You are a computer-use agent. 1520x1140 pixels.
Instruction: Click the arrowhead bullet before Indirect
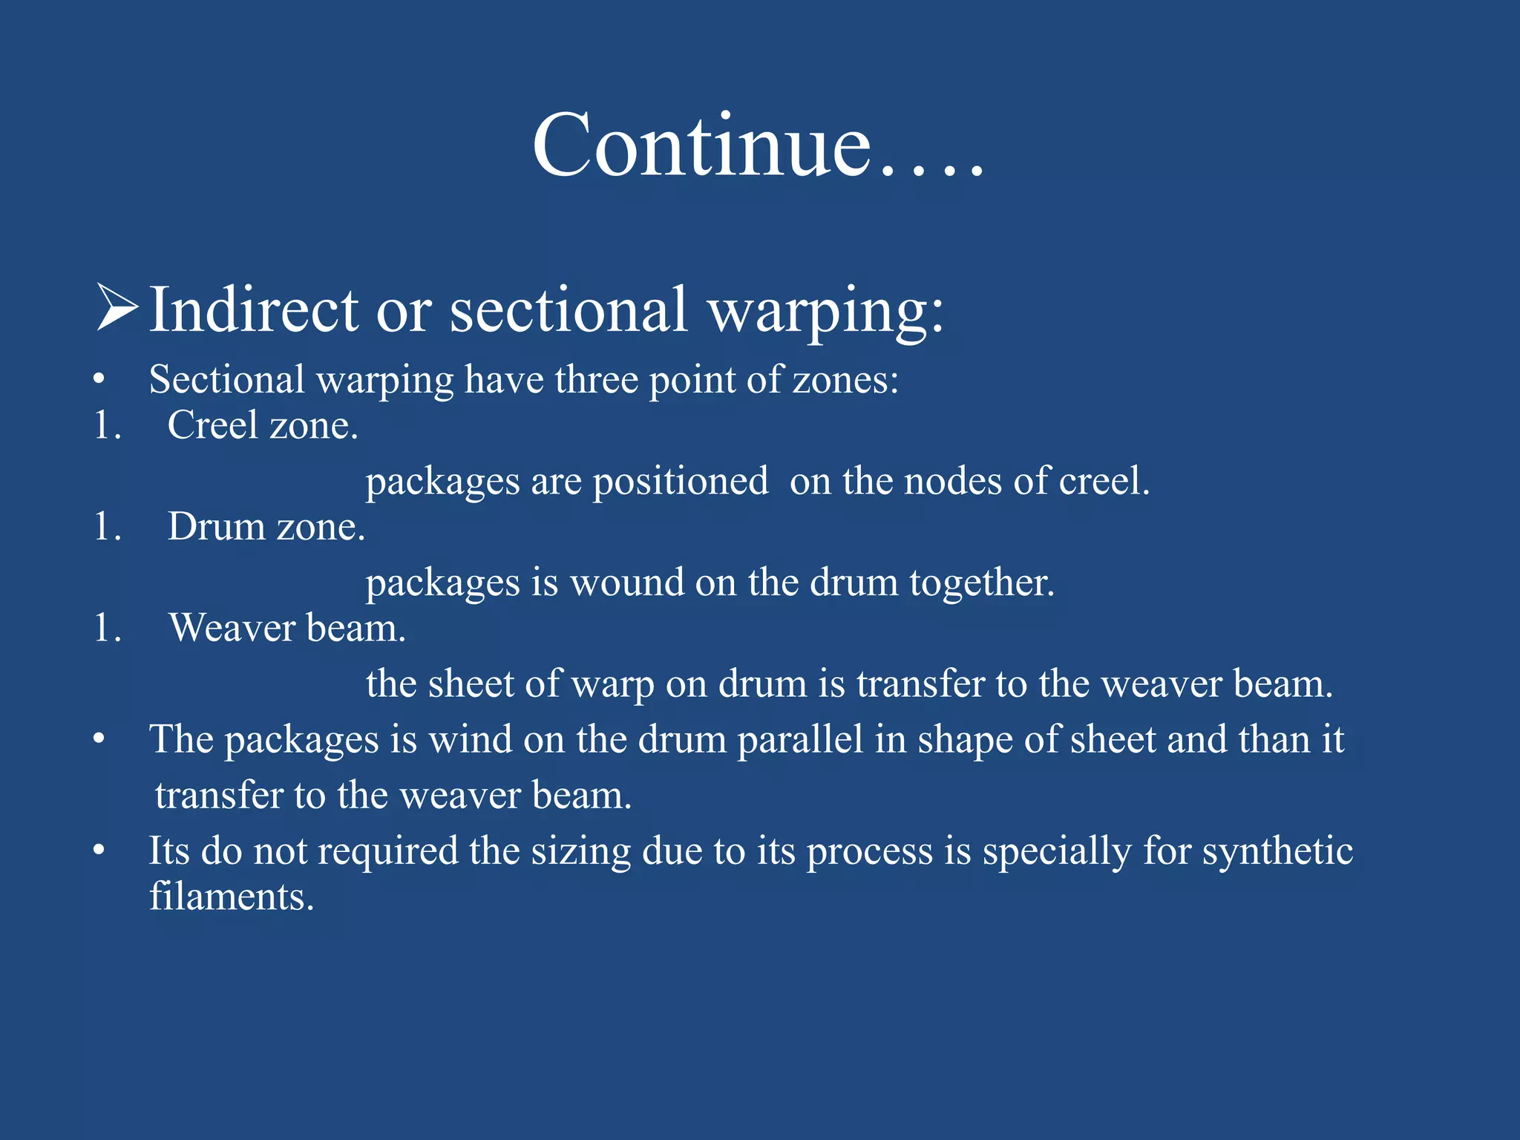[x=117, y=308]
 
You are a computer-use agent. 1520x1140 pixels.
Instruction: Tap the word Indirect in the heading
[x=254, y=309]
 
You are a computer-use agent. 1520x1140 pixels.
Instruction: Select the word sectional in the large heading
[x=569, y=309]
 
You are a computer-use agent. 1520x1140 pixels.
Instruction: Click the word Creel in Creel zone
[x=212, y=425]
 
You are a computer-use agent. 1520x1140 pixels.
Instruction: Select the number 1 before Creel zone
[x=105, y=426]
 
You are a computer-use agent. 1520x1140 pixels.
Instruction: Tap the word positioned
[x=680, y=482]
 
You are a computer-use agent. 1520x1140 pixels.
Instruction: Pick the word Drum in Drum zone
[x=216, y=527]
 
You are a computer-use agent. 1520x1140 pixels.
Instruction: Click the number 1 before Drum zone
[x=105, y=528]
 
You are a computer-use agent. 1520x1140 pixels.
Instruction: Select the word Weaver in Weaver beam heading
[x=232, y=629]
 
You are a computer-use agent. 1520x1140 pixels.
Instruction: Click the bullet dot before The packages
[x=99, y=739]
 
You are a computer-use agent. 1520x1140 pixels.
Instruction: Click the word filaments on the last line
[x=231, y=897]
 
